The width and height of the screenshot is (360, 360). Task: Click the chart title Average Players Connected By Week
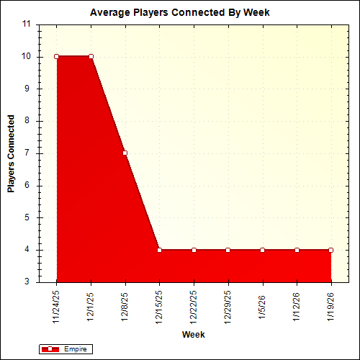180,13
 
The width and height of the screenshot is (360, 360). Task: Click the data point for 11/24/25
56,56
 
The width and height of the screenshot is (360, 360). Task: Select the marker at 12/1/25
91,56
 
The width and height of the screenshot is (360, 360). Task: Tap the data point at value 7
125,153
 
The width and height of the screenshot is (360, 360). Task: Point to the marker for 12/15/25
159,250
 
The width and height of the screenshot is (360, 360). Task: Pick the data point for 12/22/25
194,250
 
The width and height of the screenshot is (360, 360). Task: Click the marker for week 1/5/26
262,250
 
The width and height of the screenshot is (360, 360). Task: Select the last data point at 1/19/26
330,250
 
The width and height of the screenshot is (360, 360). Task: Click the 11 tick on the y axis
27,24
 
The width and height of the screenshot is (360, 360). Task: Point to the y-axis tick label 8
27,121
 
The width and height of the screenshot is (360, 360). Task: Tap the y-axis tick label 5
27,217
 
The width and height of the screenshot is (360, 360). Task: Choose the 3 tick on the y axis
27,282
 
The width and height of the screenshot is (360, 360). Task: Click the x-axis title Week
193,336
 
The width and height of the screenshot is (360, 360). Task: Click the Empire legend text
74,349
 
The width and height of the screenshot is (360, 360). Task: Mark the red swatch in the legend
50,349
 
